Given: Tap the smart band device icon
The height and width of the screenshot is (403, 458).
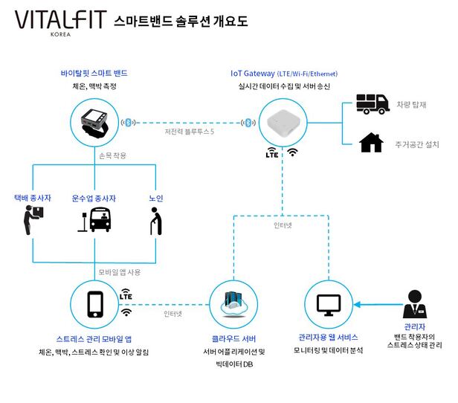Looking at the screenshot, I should (x=94, y=121).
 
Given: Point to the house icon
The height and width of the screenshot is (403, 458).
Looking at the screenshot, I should (x=371, y=142).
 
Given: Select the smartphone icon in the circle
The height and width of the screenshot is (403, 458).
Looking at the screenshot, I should (x=95, y=304).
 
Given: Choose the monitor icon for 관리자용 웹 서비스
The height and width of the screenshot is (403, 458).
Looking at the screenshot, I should (x=328, y=304).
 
